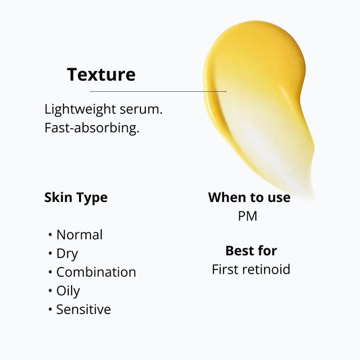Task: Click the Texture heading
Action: (101, 74)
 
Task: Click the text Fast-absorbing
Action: (92, 128)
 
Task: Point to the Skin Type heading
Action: (76, 198)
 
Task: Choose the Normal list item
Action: (79, 235)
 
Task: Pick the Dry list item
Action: (67, 254)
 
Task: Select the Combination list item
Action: (96, 272)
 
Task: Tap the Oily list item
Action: (68, 291)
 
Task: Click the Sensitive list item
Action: (83, 309)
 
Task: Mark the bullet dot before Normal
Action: (51, 236)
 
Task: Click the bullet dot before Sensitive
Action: (51, 310)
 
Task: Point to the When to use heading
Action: (249, 197)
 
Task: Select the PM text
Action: (247, 217)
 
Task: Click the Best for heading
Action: (251, 251)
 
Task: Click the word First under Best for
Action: (226, 269)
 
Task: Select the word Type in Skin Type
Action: (91, 199)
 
